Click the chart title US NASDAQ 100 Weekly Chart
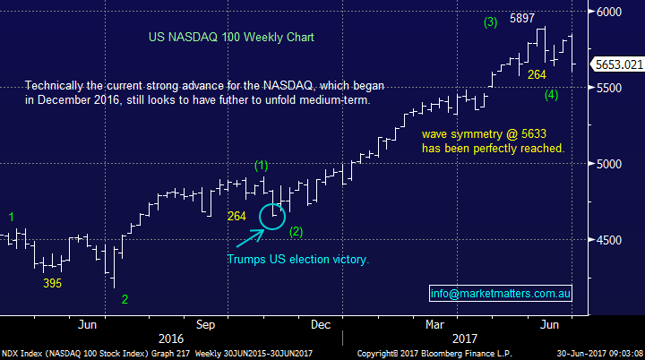[231, 39]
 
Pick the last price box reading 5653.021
[619, 64]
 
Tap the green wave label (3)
[490, 21]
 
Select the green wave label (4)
[552, 94]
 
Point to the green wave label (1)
[261, 165]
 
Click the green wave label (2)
[297, 231]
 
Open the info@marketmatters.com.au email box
[502, 293]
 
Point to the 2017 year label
[463, 339]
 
